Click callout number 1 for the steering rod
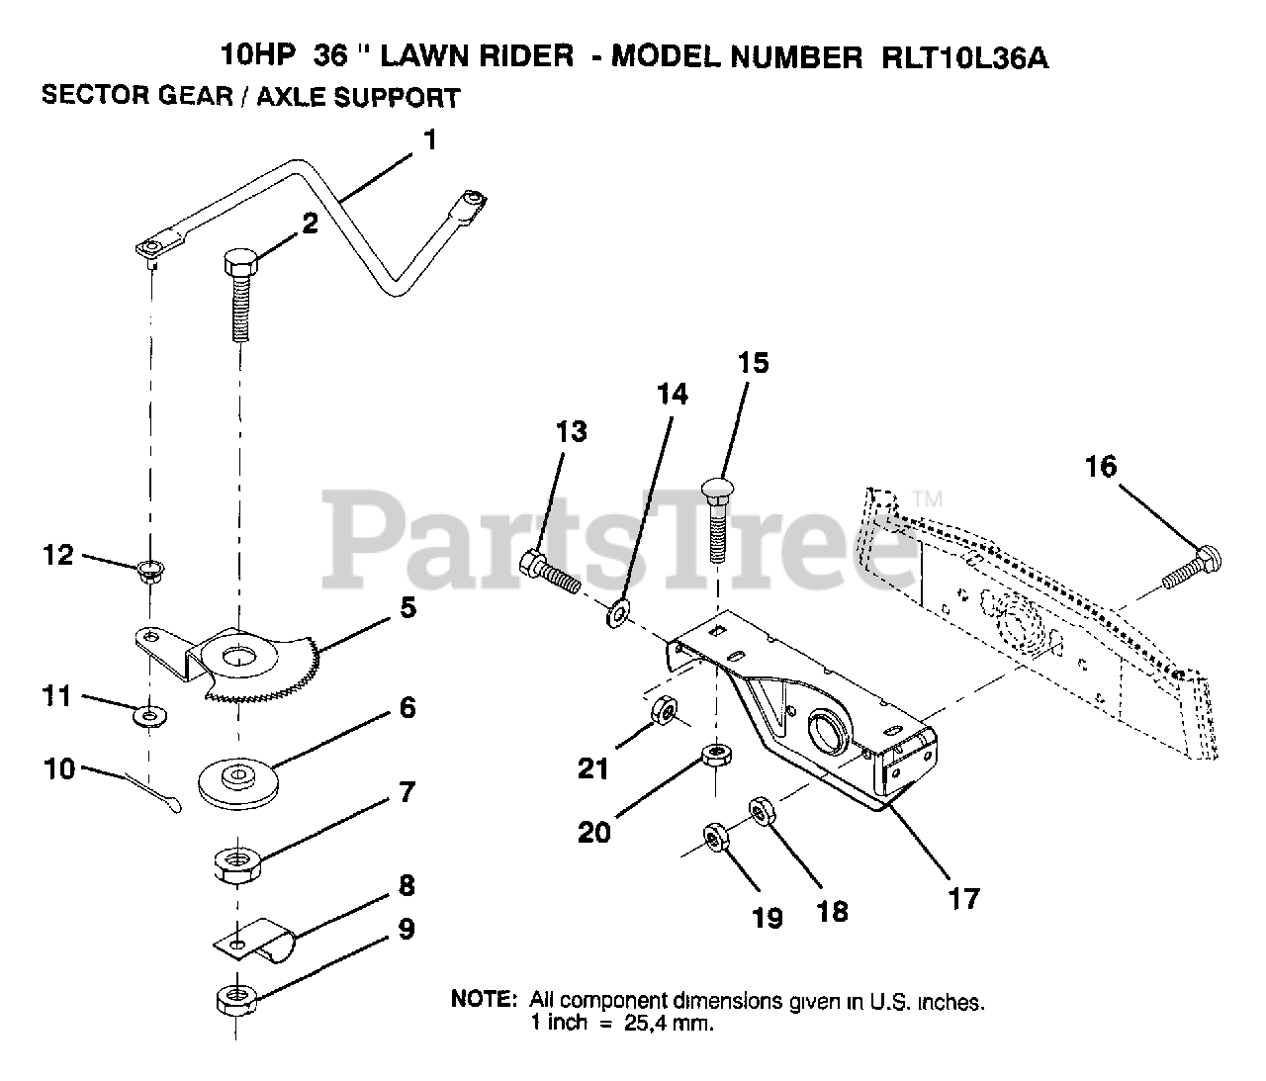tap(428, 139)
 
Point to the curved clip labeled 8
tap(252, 938)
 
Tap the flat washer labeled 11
tap(149, 712)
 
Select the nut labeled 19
tap(713, 838)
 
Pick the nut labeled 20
tap(714, 756)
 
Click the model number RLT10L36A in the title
tap(964, 57)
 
